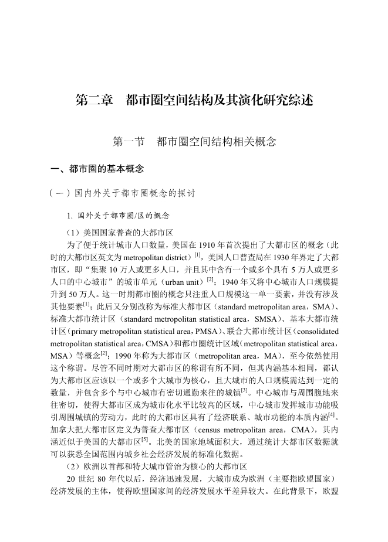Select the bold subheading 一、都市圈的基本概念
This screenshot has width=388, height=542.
97,169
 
